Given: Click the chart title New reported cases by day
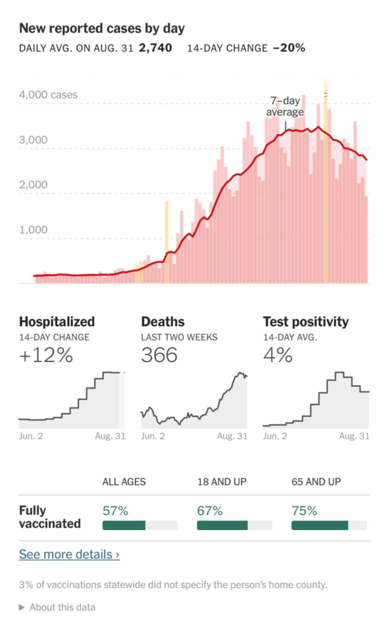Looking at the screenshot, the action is coord(102,28).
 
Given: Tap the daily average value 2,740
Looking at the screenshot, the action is coord(155,48).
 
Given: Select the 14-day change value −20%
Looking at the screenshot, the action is coord(289,48).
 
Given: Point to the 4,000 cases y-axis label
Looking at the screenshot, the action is coord(48,95).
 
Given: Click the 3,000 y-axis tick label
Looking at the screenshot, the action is coord(33,140).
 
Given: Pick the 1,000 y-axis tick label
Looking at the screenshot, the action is coord(33,230).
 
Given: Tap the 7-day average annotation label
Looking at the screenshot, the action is coord(285,106).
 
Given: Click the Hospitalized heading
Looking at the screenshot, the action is coord(57,322).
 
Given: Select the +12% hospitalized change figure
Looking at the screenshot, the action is coord(46,355).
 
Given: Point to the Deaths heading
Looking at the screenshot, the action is coord(163,322).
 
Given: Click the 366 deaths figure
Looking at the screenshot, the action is coord(159,355).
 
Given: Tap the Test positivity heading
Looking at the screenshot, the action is coord(306,322).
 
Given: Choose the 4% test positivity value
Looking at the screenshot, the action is coord(278,355).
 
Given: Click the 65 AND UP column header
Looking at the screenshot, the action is coord(316,482).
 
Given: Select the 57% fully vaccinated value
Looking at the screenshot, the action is coord(115,511).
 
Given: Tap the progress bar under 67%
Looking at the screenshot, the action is coord(234,525).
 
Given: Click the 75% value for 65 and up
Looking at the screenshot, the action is coord(304,511).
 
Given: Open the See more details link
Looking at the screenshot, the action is coord(69,554).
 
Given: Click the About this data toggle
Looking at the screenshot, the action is coord(57,607).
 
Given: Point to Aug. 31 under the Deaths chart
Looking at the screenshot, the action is coord(232,436).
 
